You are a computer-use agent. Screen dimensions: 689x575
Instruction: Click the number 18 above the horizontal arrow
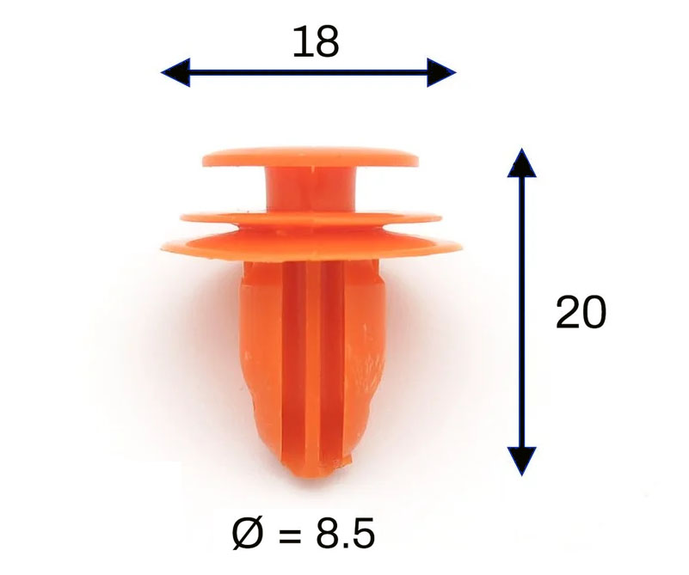click(316, 42)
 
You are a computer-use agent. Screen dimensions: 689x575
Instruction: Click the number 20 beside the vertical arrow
click(581, 312)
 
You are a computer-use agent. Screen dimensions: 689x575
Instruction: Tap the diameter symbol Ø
click(248, 534)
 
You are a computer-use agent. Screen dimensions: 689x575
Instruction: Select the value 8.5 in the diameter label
click(346, 534)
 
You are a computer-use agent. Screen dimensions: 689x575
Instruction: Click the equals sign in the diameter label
click(290, 535)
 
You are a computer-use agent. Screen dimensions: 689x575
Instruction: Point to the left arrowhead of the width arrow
click(175, 72)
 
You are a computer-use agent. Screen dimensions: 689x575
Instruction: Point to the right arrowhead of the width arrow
click(441, 72)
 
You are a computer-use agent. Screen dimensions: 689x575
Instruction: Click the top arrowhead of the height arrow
click(521, 162)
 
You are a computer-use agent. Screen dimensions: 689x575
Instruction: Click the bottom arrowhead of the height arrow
click(521, 462)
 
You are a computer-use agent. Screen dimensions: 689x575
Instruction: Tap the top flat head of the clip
click(311, 157)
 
